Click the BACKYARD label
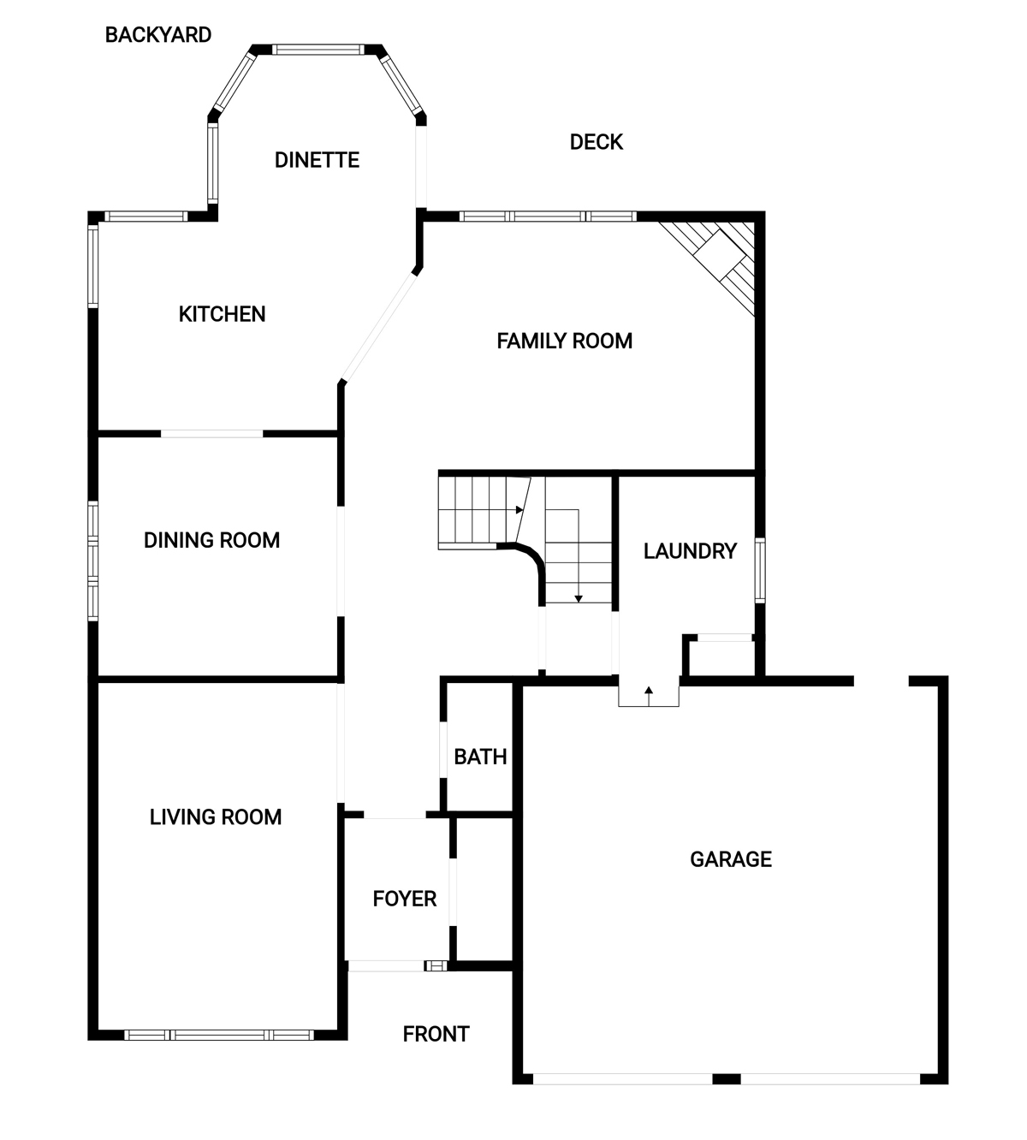tap(158, 35)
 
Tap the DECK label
tap(597, 142)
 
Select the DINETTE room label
tap(317, 160)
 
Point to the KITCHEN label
tap(222, 314)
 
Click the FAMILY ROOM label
tap(564, 341)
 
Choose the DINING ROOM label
tap(211, 540)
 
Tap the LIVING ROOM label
tap(216, 817)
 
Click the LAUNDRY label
tap(690, 551)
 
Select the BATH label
tap(480, 757)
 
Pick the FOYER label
tap(405, 899)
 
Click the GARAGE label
tap(731, 859)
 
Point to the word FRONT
tap(436, 1034)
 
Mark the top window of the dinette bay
tap(318, 50)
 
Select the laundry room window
tap(760, 570)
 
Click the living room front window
tap(219, 1035)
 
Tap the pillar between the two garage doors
tap(727, 1078)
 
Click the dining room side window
tap(92, 561)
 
